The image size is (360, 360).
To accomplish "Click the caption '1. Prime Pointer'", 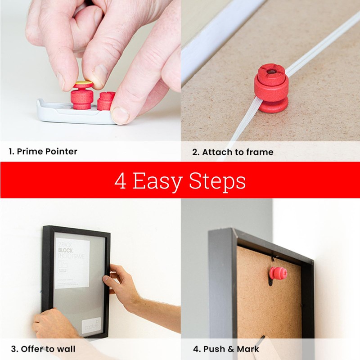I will (43, 152).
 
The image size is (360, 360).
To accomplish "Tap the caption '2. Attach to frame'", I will (233, 152).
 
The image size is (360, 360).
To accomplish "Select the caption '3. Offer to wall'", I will (43, 349).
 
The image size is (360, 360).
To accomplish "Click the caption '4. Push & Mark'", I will (226, 349).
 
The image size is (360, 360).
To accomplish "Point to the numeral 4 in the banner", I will (120, 181).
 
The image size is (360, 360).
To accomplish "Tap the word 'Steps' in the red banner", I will (217, 181).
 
